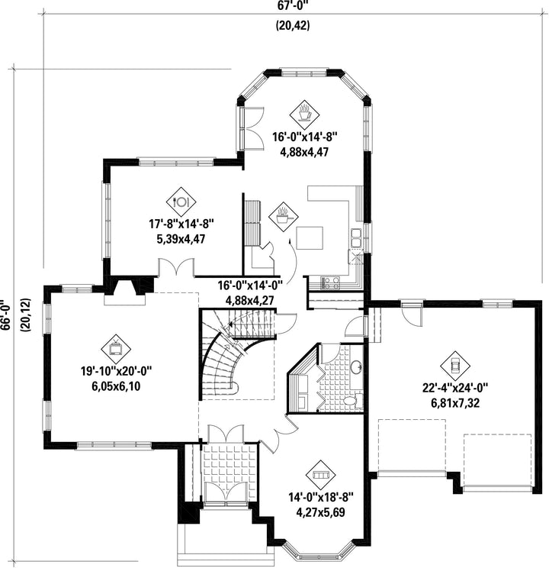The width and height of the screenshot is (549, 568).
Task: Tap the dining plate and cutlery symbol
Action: point(181,202)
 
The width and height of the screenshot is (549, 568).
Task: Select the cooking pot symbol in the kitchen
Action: point(284,218)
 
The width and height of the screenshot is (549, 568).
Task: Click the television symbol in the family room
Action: point(116,349)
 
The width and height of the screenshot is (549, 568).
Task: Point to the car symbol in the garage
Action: point(455,365)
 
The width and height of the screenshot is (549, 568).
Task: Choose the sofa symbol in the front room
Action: point(321,475)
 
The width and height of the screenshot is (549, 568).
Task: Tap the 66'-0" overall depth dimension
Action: point(5,315)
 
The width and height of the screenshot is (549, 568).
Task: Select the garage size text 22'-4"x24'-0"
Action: point(455,388)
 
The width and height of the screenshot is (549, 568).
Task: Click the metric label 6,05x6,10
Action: point(116,386)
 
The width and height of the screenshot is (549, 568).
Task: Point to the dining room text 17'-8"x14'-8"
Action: point(181,224)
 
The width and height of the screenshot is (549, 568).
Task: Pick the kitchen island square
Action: point(310,238)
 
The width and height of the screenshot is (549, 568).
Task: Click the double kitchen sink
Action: point(356,238)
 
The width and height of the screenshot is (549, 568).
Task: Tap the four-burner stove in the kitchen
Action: point(330,283)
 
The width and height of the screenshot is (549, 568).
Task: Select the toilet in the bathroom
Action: point(352,400)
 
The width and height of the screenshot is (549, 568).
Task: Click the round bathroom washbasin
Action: point(356,367)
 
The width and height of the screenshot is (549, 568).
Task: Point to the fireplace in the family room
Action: point(125,291)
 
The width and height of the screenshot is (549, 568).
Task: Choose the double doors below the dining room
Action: point(176,267)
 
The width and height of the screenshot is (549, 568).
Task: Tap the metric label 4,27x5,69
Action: point(321,512)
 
